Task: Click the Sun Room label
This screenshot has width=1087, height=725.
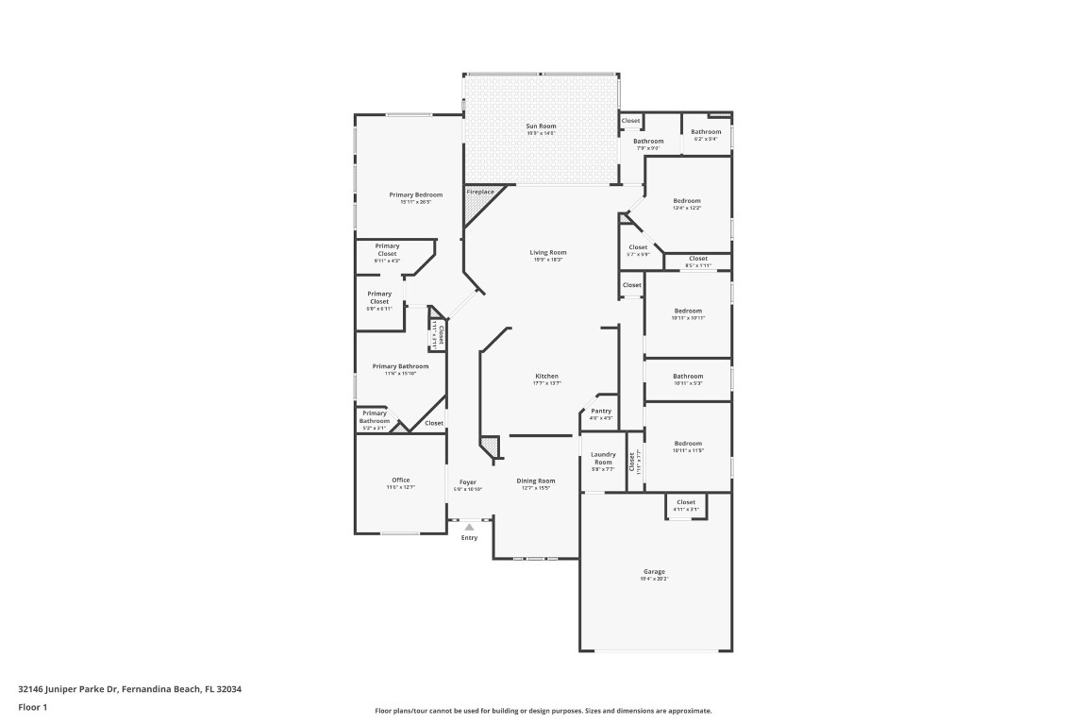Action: [x=541, y=126]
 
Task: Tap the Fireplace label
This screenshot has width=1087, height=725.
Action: [x=479, y=192]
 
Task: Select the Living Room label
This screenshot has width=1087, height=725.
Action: [x=547, y=252]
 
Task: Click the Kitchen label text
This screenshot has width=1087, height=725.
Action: [x=546, y=376]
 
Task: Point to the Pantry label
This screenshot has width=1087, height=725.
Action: [x=601, y=411]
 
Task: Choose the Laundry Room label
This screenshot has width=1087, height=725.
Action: [x=603, y=458]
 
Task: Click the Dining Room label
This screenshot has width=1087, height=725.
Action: [x=535, y=481]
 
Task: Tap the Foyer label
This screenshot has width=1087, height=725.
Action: [x=467, y=481]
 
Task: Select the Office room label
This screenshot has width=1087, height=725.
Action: [x=401, y=480]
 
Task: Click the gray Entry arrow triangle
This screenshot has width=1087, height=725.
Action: [x=469, y=527]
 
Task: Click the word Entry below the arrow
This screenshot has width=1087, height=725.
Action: [x=469, y=538]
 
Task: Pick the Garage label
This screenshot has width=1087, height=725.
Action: [x=655, y=571]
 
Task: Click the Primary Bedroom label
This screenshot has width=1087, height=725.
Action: [x=415, y=194]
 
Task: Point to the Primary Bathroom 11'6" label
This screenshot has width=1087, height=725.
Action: [x=400, y=366]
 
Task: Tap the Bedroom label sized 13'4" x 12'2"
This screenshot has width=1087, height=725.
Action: [x=687, y=200]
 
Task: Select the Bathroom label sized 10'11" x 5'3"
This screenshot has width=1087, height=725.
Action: [x=688, y=376]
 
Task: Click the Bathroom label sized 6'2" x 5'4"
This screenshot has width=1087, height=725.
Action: [x=706, y=131]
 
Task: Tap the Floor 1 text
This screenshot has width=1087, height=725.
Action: [x=33, y=706]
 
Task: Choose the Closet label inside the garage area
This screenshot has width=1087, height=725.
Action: [x=686, y=502]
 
